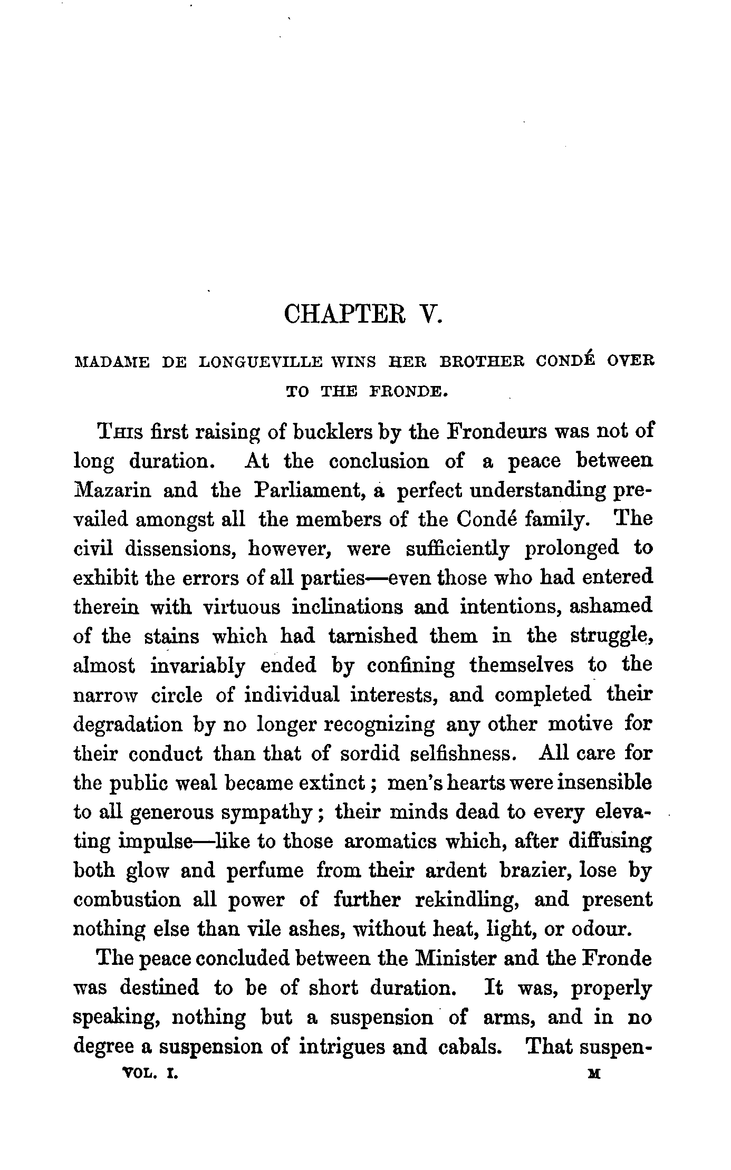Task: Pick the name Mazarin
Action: tap(112, 490)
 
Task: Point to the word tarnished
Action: tap(371, 636)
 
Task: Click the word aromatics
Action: tap(390, 841)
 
